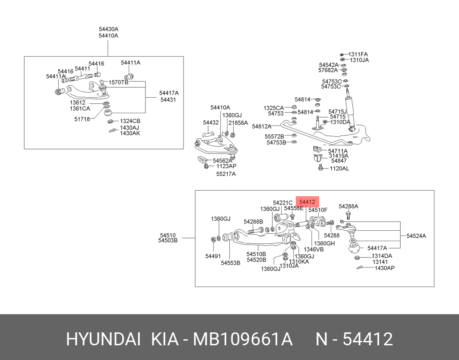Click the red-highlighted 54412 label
(x=307, y=202)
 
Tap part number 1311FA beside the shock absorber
(x=358, y=54)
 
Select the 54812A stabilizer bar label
(x=262, y=127)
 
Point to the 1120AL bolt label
(x=339, y=169)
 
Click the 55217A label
(x=226, y=174)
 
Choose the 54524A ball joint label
(x=416, y=236)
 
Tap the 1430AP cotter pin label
(x=385, y=268)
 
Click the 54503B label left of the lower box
(x=168, y=241)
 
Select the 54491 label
(x=213, y=256)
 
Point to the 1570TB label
(x=119, y=82)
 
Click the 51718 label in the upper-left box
(x=82, y=119)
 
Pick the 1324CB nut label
(x=130, y=121)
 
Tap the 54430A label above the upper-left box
(x=109, y=29)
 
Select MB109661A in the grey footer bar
(x=243, y=339)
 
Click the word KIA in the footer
(x=165, y=339)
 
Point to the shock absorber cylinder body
(x=350, y=112)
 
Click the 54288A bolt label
(x=348, y=206)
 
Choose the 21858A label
(x=238, y=123)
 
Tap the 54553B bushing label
(x=231, y=263)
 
